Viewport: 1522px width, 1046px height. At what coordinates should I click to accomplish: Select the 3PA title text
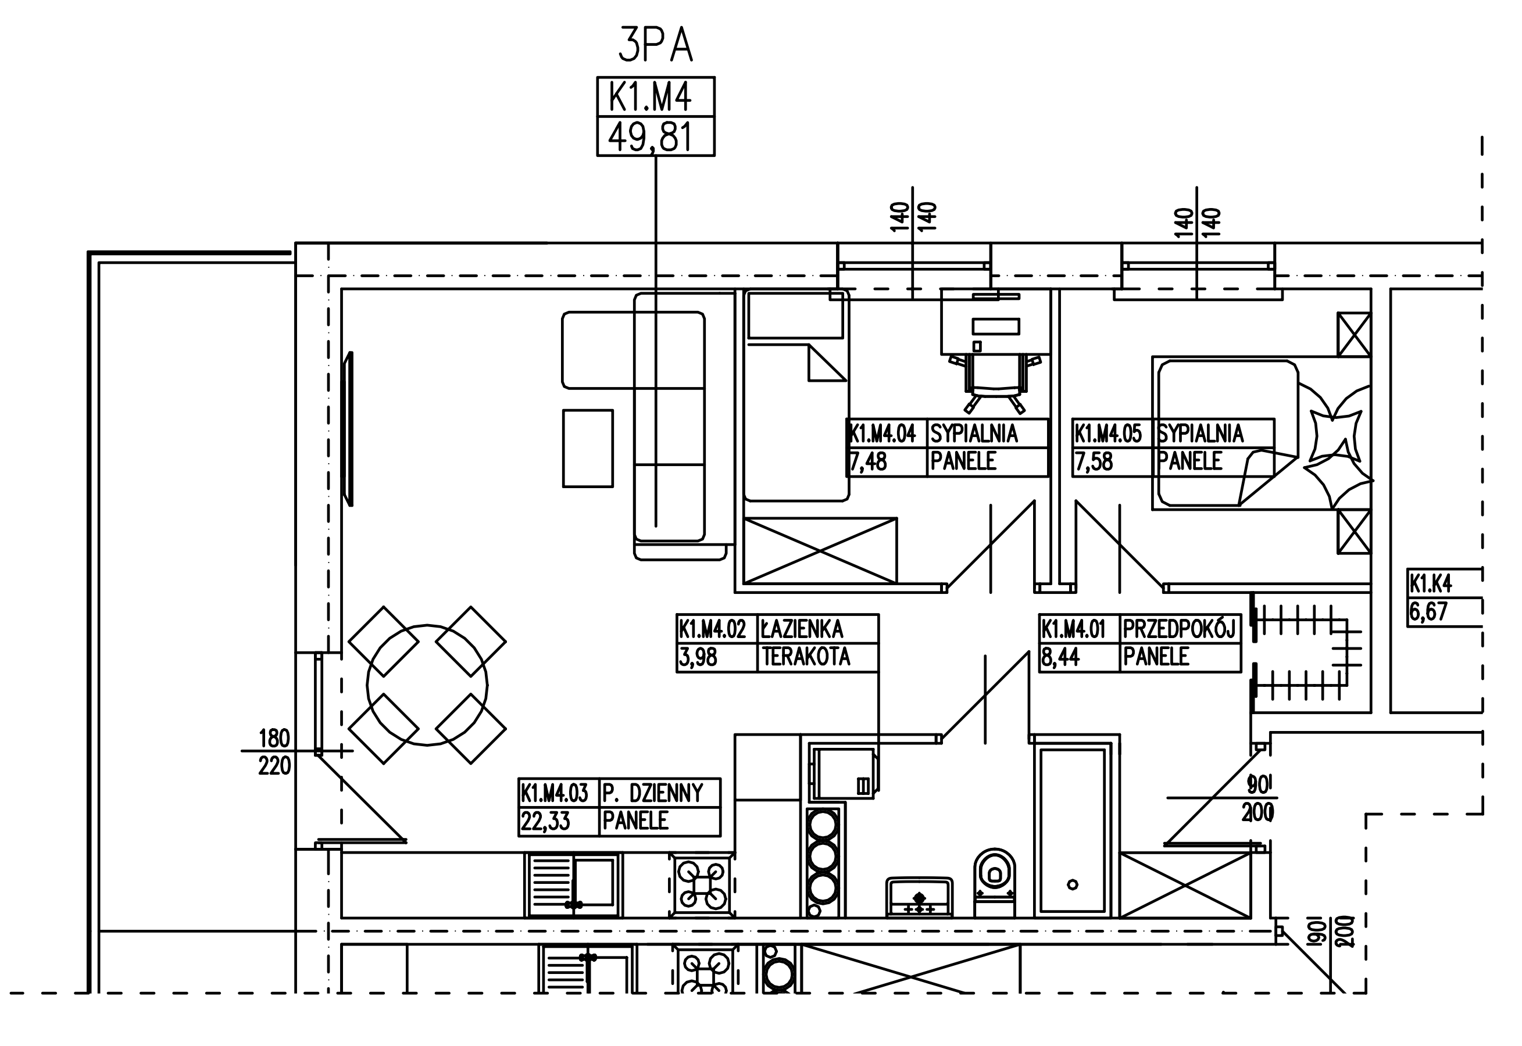[655, 46]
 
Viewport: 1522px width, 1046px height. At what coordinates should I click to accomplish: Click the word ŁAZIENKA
[801, 630]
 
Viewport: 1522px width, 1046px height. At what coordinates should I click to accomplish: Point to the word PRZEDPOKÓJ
[1178, 629]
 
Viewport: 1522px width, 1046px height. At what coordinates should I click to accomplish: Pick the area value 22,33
[545, 821]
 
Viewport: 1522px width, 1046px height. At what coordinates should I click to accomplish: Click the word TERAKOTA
[806, 657]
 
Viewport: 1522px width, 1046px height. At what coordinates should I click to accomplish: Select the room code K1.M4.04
[883, 434]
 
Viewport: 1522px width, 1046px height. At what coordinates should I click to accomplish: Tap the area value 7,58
[1094, 462]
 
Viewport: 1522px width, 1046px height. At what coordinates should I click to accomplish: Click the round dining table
[427, 685]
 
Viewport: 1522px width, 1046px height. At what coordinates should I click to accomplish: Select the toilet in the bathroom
[994, 883]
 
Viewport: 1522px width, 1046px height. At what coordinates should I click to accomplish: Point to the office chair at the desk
[994, 382]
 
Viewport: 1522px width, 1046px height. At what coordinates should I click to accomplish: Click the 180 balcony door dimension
[274, 739]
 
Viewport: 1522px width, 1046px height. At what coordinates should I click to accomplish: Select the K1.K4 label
[1431, 583]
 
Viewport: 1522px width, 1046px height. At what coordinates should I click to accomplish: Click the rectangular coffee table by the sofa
[588, 448]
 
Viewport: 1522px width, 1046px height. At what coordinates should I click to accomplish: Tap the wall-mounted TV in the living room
[349, 429]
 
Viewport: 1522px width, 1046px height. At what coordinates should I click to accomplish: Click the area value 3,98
[698, 657]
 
